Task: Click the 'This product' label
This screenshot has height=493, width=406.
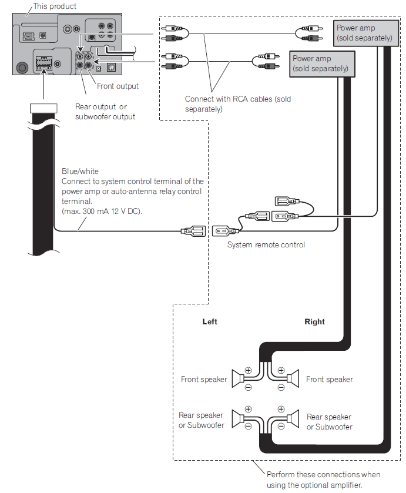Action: coord(55,6)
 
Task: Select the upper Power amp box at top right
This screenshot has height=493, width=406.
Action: coord(364,33)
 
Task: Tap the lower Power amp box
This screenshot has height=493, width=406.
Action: coord(320,63)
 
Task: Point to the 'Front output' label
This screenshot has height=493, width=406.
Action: coord(118,86)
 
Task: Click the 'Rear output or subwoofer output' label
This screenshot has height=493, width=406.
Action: coord(105,112)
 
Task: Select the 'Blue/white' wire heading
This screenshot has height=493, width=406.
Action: coord(80,172)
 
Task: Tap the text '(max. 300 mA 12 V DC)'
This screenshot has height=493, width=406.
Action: coord(102,211)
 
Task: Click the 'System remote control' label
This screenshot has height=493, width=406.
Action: coord(266,245)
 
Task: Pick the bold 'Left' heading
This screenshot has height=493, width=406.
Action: coord(210,322)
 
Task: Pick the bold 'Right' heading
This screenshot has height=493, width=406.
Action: coord(314,322)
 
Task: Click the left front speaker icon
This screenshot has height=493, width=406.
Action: coord(239,379)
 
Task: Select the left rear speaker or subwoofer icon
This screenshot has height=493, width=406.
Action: coord(238,418)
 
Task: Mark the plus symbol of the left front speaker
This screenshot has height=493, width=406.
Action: coord(248,371)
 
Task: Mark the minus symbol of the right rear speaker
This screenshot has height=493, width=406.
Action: coord(281,427)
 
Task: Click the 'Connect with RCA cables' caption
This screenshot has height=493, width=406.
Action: coord(237,104)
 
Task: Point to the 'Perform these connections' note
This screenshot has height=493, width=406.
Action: coord(323,479)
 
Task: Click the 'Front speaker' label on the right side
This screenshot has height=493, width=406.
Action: coord(330,380)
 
